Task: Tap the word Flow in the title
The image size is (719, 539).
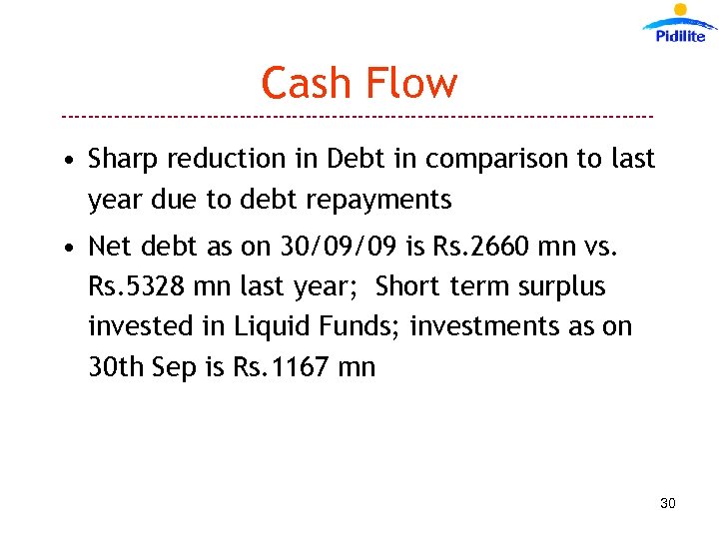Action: [410, 83]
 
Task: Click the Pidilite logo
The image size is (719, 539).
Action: [679, 24]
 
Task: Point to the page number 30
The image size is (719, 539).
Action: [668, 503]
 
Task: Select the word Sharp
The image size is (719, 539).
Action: [124, 160]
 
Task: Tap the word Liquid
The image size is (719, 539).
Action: [269, 327]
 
